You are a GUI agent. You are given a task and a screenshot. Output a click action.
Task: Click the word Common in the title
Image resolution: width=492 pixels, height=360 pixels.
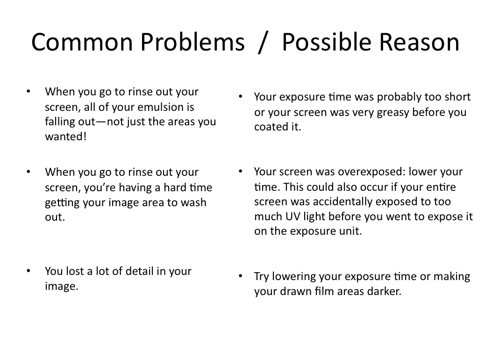coord(82,42)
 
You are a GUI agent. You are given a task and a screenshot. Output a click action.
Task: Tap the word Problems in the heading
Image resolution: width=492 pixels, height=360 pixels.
coord(193,42)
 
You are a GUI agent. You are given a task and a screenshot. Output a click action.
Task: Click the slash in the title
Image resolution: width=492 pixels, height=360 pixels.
coord(263,43)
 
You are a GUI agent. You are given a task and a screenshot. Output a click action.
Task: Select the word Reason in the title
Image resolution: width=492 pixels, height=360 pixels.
coord(419,42)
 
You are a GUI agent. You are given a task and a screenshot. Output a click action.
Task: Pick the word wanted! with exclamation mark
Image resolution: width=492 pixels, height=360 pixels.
coord(65,137)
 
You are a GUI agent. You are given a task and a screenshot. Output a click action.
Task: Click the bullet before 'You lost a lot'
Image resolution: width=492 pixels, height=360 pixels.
coord(29,271)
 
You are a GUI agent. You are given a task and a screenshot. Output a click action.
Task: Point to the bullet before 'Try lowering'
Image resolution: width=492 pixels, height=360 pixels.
coord(241,276)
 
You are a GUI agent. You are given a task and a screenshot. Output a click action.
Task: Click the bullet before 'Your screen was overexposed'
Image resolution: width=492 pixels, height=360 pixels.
coord(241,172)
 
